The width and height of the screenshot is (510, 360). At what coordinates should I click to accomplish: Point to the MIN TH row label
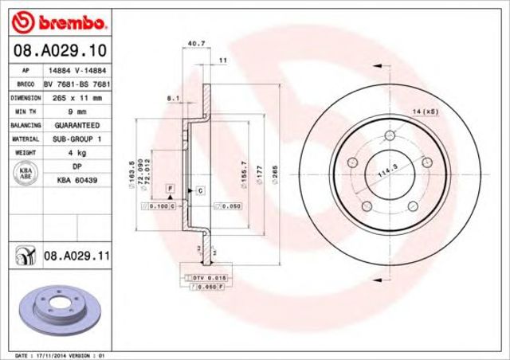coord(25,112)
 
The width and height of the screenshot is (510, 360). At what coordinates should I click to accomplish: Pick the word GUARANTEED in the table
coord(76,125)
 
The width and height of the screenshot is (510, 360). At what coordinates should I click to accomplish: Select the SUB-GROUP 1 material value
coord(76,139)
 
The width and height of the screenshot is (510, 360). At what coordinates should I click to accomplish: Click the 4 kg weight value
coord(76,152)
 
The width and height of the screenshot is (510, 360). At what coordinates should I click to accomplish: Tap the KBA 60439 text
coord(76,181)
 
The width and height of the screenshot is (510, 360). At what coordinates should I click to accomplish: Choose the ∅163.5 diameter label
coord(131,174)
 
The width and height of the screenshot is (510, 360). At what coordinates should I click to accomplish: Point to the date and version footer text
coord(61,354)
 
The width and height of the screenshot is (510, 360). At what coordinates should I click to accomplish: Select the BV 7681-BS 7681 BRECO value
coord(76,83)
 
